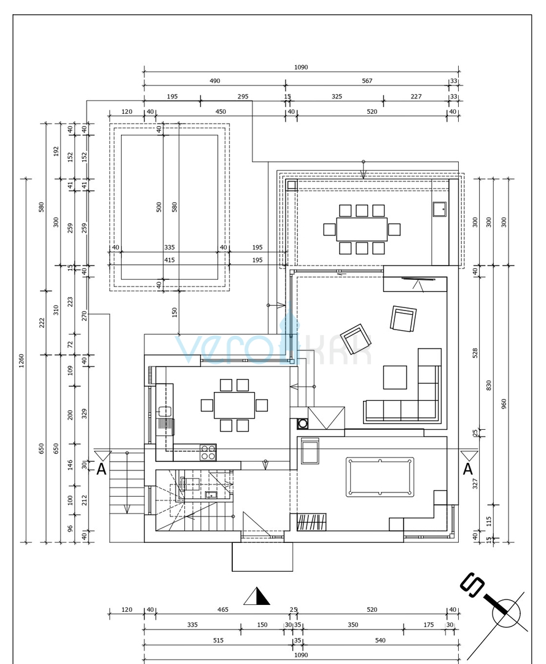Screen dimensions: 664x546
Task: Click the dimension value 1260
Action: [x=21, y=358]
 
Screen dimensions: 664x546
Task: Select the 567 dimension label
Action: [x=367, y=81]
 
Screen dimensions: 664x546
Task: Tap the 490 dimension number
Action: [x=214, y=81]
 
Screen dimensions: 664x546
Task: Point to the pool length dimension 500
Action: [x=159, y=207]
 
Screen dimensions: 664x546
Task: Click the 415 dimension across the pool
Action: [x=169, y=260]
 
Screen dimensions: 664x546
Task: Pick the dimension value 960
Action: [x=504, y=404]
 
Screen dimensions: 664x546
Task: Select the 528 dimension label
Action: [x=475, y=353]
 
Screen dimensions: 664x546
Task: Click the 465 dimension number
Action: [x=222, y=609]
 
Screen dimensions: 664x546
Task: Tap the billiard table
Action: [x=380, y=476]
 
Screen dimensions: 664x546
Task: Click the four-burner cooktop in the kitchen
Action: [x=208, y=453]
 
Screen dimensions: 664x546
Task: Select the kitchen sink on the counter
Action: [x=165, y=411]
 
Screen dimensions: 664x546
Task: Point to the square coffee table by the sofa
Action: [x=395, y=377]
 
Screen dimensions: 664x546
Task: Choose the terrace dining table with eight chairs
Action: [x=362, y=229]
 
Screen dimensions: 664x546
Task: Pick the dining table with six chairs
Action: [x=234, y=405]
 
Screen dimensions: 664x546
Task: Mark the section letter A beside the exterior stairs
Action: [x=101, y=469]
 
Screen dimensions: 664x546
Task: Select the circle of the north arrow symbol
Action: [x=506, y=613]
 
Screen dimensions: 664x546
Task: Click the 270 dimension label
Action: [x=85, y=315]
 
